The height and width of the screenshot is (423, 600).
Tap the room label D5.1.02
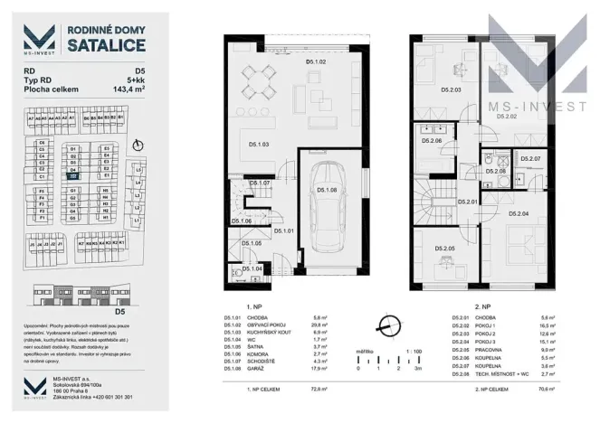pyautogui.click(x=315, y=62)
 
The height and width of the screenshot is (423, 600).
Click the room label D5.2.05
pyautogui.click(x=444, y=249)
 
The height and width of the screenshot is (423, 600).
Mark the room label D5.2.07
pyautogui.click(x=532, y=159)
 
